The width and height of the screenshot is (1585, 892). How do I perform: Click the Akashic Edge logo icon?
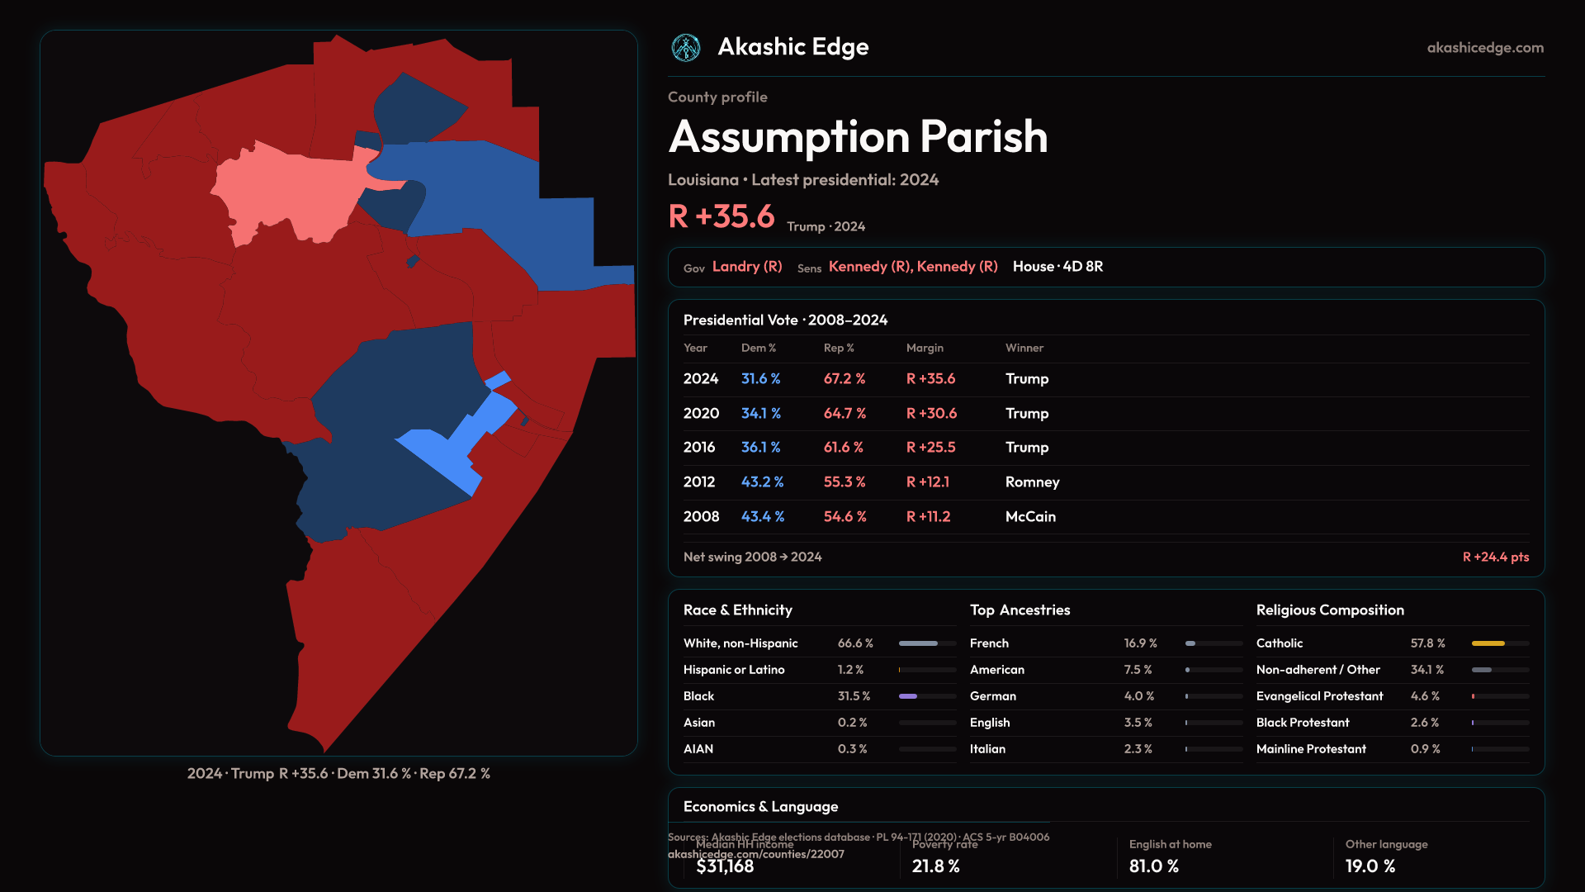(686, 48)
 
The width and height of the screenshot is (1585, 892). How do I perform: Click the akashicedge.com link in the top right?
(1484, 48)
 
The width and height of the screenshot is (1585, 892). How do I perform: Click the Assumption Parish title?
(858, 136)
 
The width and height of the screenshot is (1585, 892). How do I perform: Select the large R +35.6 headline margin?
(721, 216)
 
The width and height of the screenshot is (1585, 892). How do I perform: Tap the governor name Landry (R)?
(746, 267)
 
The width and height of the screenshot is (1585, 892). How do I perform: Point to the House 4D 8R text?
(1057, 267)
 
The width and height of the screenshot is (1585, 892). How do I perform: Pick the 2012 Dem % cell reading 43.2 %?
(762, 482)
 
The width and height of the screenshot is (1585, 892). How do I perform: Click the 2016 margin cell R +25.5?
(930, 448)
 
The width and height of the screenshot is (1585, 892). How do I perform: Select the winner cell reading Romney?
(1032, 482)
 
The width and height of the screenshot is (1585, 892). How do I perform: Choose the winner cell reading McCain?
(1030, 517)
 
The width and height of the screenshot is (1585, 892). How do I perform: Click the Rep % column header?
(838, 349)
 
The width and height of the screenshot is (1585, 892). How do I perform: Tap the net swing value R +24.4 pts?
(1495, 557)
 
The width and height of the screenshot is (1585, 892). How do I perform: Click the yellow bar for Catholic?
(1488, 643)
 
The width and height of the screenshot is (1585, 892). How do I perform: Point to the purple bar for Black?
(908, 696)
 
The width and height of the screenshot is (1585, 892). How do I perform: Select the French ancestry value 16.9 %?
(1140, 643)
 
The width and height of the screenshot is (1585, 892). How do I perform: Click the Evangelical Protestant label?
(1319, 696)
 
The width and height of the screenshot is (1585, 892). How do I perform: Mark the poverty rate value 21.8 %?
(935, 866)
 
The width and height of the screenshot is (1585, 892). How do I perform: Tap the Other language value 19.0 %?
(1370, 866)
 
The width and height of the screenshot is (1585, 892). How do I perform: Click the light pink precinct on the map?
(289, 194)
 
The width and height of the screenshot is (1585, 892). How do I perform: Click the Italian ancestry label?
(987, 749)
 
